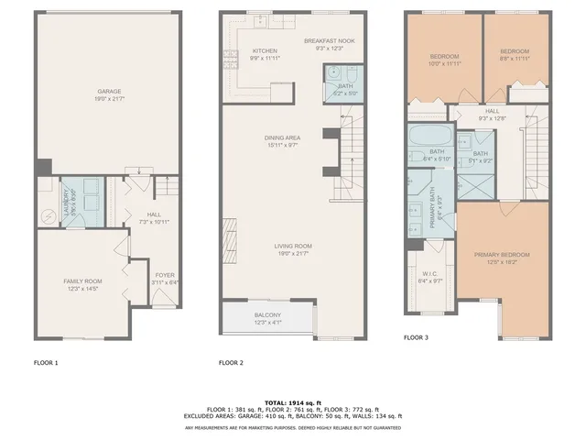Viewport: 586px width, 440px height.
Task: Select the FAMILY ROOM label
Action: (x=82, y=280)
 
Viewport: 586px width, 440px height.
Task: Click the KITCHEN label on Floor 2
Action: (x=265, y=51)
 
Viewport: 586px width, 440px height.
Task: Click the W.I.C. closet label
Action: (x=430, y=274)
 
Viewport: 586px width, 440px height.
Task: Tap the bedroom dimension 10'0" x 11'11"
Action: (x=444, y=64)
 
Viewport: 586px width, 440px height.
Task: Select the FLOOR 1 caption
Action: (x=46, y=363)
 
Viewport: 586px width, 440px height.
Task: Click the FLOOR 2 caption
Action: (x=230, y=363)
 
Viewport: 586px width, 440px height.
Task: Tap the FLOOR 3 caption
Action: (x=416, y=337)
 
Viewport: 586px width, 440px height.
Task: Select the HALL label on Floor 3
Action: (x=467, y=111)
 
